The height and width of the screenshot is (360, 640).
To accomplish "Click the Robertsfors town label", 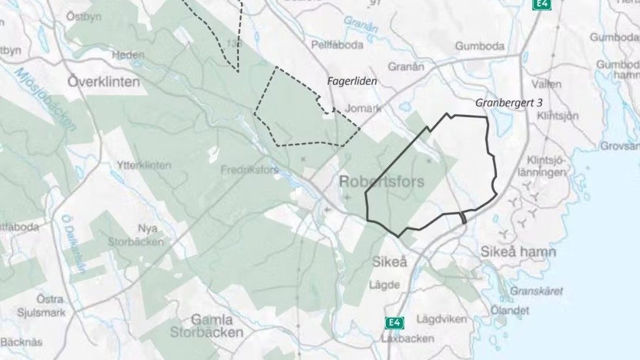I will tap(382, 182).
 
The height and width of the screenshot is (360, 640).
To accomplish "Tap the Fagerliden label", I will tap(353, 80).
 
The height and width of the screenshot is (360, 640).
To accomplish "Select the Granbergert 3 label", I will tap(509, 103).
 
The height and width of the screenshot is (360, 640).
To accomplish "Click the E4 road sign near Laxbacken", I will tap(393, 323).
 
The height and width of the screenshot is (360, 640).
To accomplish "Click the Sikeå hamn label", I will tap(518, 252).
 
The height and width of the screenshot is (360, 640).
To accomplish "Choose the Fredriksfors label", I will tap(249, 170).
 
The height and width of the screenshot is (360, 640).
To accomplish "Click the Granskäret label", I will tap(536, 291).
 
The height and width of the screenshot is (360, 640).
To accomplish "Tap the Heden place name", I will tap(128, 56).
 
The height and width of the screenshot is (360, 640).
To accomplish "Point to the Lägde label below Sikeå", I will tap(384, 285).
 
